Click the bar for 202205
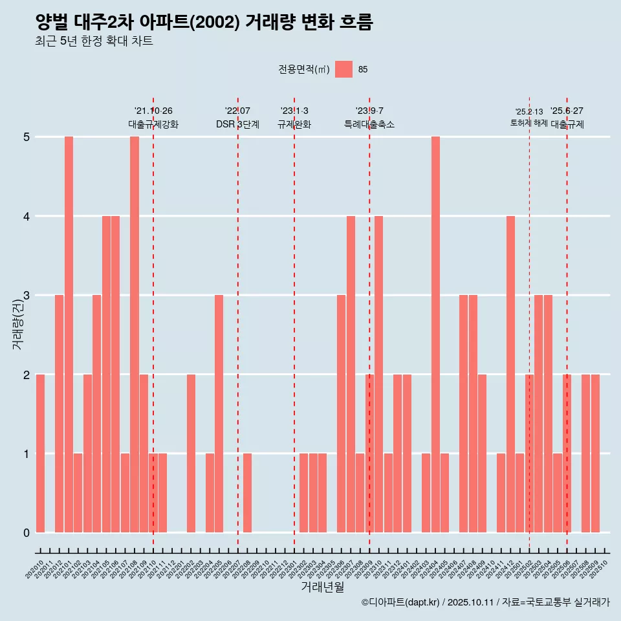coord(219,413)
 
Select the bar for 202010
coord(40,453)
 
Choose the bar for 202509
coord(595,453)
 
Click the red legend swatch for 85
coord(344,69)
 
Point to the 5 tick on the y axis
coord(27,137)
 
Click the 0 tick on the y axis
coord(27,533)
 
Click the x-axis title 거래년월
coord(322,587)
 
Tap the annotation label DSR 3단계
coord(237,124)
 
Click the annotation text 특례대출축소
coord(369,124)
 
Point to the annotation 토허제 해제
coord(528,123)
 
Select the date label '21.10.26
coord(153,111)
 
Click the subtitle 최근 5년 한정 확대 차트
coord(94,41)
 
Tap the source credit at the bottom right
coord(485,603)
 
